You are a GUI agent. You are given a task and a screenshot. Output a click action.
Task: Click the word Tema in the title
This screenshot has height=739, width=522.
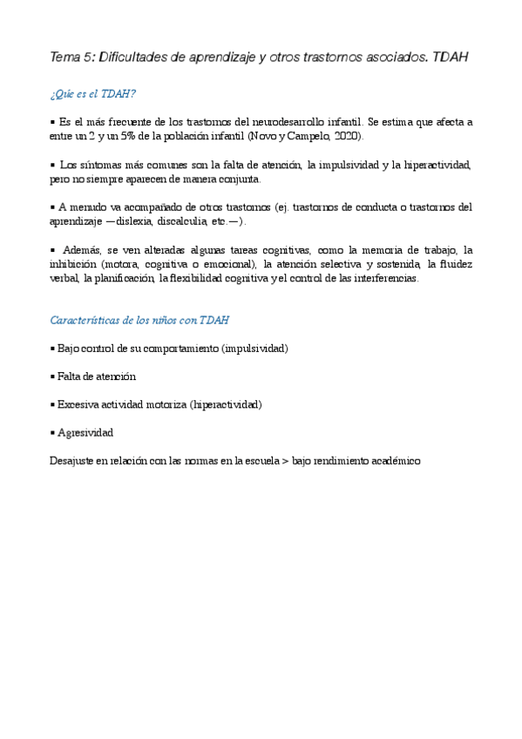click(x=64, y=58)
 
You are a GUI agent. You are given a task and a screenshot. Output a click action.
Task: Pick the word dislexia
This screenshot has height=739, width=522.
click(x=137, y=220)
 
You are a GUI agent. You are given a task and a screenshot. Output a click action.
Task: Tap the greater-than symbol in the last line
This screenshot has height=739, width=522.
click(x=285, y=460)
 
